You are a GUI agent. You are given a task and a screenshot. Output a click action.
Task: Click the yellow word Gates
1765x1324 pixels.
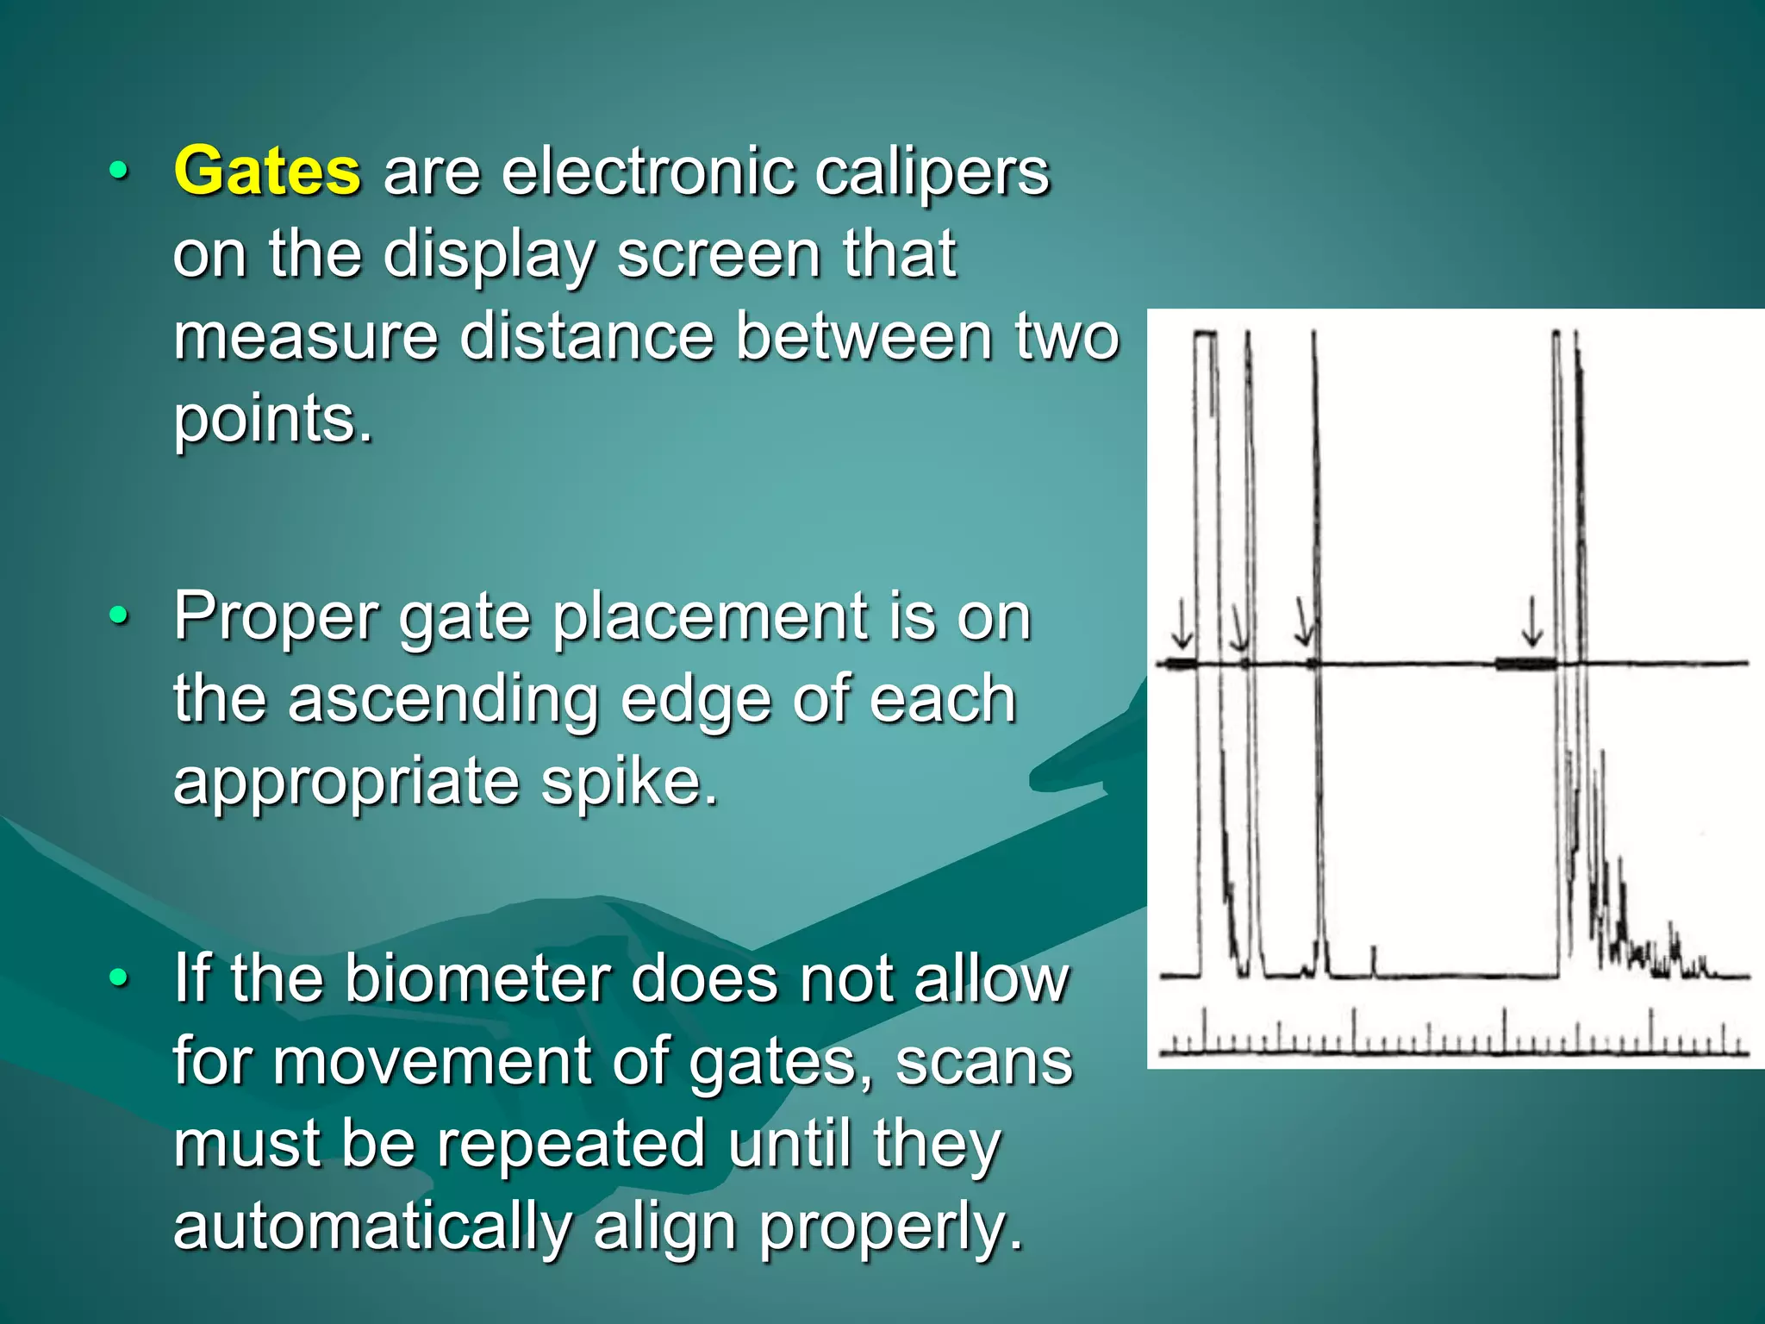point(267,171)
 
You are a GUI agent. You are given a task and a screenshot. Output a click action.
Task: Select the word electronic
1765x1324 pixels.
point(648,171)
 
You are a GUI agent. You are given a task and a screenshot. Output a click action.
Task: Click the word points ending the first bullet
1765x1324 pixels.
point(272,420)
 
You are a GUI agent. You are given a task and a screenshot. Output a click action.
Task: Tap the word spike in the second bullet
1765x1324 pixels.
point(627,782)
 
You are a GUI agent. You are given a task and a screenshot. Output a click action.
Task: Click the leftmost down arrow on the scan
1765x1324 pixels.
point(1182,625)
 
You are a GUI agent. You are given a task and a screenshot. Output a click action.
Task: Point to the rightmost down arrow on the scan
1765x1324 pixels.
point(1531,621)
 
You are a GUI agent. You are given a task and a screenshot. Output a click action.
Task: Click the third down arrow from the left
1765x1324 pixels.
point(1304,623)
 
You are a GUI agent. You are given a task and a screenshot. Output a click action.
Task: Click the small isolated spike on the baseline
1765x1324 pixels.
point(1374,960)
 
